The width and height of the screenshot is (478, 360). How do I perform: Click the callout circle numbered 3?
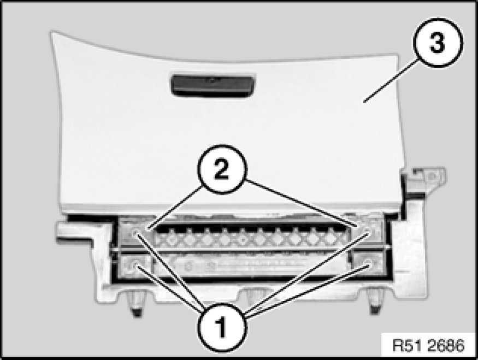(x=438, y=43)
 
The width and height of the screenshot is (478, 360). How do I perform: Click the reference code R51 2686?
(x=428, y=346)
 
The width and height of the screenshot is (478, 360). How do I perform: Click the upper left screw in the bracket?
(x=135, y=234)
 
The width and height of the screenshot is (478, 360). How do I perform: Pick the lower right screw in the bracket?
(x=368, y=263)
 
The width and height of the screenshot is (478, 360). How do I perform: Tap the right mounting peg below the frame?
(x=375, y=302)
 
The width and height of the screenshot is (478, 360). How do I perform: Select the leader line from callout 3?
(x=390, y=80)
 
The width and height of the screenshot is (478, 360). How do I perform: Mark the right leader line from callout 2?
(x=300, y=203)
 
